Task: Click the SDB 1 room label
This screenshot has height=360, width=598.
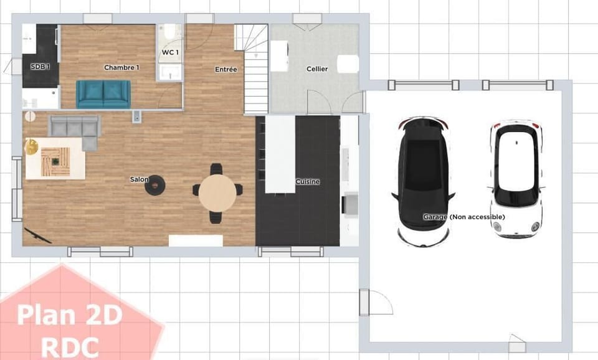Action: [x=40, y=67]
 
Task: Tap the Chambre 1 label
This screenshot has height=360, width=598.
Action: [x=121, y=67]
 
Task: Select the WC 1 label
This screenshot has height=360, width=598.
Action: [x=170, y=52]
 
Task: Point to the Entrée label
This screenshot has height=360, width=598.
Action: [x=225, y=69]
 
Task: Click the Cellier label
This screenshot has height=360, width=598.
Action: [x=317, y=69]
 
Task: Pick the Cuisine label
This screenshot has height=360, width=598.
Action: [x=307, y=181]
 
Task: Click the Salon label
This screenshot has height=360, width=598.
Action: [x=139, y=179]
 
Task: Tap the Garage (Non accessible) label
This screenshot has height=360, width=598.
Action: [x=463, y=217]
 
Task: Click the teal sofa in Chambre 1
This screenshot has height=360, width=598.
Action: [x=103, y=94]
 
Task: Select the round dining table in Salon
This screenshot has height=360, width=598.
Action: [x=217, y=193]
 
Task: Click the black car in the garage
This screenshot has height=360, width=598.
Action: [x=423, y=181]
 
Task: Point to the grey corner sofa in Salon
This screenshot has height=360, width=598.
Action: [x=75, y=128]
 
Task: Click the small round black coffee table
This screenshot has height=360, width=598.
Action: [x=155, y=186]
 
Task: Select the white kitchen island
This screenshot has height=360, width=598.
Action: [x=280, y=154]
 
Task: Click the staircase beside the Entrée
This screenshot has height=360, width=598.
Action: [x=252, y=69]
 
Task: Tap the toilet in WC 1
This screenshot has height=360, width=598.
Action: [x=171, y=32]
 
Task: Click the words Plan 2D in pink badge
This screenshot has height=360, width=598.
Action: [x=70, y=315]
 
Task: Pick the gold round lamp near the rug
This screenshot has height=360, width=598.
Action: [x=31, y=147]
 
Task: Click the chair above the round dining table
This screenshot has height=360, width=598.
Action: [x=216, y=169]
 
